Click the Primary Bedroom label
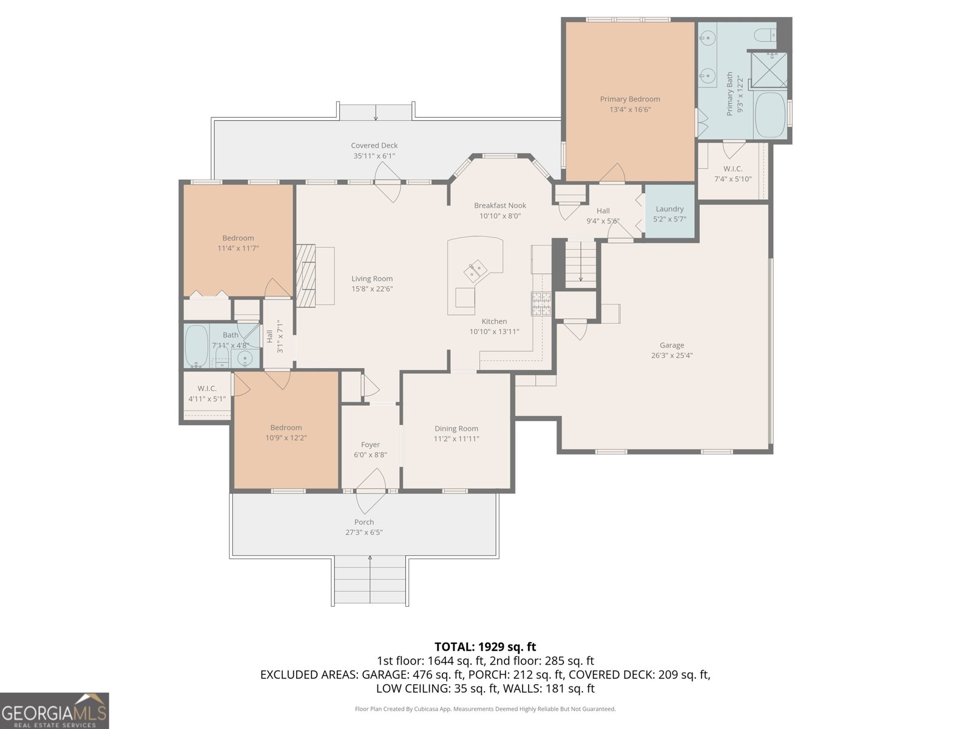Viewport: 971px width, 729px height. [629, 99]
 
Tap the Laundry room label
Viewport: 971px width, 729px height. [669, 209]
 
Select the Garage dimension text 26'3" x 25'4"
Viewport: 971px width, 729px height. [672, 355]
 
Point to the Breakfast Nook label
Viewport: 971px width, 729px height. [500, 205]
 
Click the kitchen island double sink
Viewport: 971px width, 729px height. [476, 270]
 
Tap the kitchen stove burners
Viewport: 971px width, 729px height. [541, 304]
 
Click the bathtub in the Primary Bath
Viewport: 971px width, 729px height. [770, 115]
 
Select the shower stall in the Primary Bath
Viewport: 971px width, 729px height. [770, 69]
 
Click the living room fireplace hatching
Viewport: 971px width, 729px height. [306, 275]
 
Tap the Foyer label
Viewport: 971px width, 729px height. [370, 445]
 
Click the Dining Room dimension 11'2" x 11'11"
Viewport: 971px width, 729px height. [456, 439]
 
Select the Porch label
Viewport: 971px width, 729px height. [364, 522]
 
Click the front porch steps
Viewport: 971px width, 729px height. [370, 581]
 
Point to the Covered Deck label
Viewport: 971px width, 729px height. [374, 146]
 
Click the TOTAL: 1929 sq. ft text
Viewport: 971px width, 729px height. [486, 646]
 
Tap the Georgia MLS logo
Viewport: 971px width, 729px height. [55, 711]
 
